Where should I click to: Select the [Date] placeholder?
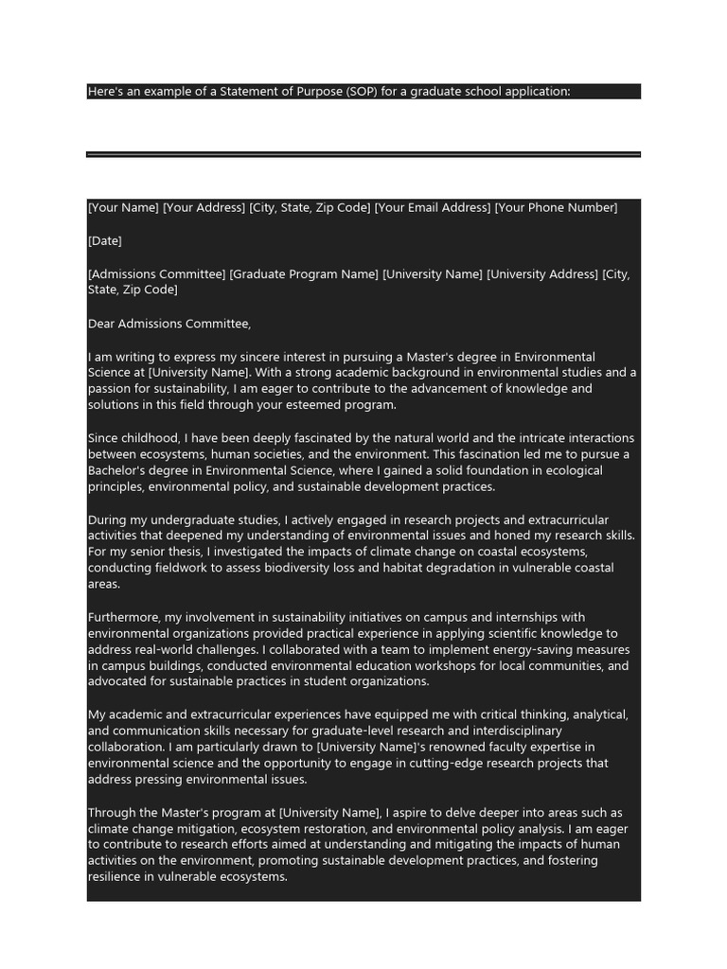tap(105, 241)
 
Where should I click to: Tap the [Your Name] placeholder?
tap(123, 208)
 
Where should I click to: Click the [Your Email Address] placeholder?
tap(433, 208)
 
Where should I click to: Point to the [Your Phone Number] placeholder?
tap(556, 208)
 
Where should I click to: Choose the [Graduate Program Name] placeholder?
tap(304, 274)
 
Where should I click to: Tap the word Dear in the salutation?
tap(102, 324)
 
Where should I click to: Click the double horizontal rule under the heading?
tap(363, 154)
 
